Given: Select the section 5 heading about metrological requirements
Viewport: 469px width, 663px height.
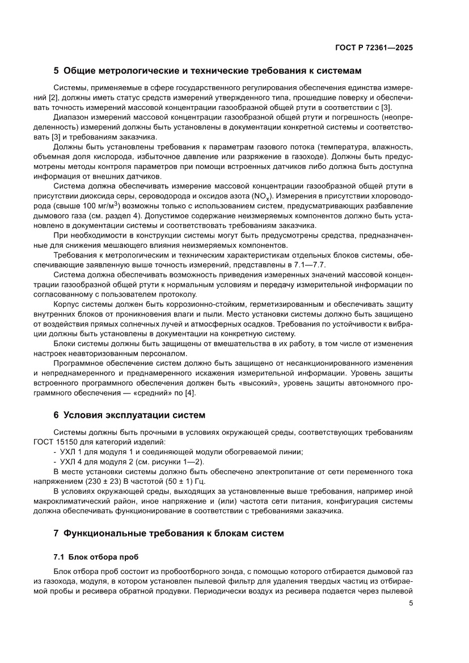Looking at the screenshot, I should (207, 71).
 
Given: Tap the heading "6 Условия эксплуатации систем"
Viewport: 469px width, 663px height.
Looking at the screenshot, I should (129, 413).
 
